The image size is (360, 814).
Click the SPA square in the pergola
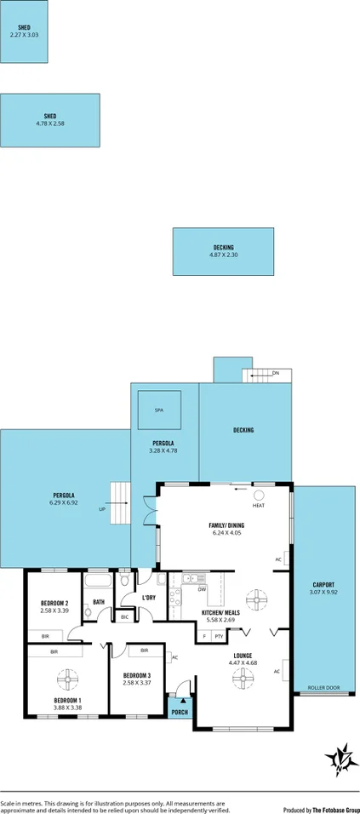coord(158,410)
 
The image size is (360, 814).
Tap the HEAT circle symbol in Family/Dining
coord(259,495)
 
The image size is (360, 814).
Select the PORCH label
coord(180,713)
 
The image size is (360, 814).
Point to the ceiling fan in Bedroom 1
coord(66,679)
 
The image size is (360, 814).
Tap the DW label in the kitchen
coord(202,589)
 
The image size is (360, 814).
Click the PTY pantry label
coord(219,636)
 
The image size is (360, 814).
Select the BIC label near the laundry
coord(124,617)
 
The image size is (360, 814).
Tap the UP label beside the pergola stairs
coord(102,509)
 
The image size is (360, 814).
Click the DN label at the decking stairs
coord(275,373)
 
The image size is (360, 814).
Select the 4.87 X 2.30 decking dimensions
coord(223,255)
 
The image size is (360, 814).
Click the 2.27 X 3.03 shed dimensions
coord(24,35)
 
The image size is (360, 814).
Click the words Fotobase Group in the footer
coord(333,810)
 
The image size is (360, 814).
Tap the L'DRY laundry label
coord(149,598)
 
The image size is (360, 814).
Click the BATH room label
coord(99,602)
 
